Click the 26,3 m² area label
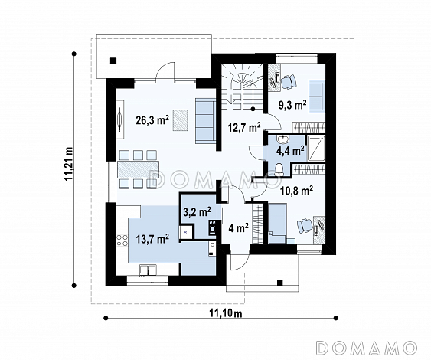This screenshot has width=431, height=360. coord(152,120)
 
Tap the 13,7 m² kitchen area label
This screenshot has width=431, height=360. coord(152,239)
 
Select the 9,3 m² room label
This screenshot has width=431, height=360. coord(292,105)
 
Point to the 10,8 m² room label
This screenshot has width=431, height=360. coord(296,190)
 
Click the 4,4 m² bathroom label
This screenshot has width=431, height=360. coord(290,150)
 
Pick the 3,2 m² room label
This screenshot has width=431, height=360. coord(197,211)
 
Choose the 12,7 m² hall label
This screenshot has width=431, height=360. coord(244,128)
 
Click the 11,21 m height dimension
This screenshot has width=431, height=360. coord(68,164)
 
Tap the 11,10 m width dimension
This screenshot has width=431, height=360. coord(226,313)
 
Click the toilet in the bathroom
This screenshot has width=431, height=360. coord(279,169)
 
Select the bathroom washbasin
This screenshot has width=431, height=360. coord(282,139)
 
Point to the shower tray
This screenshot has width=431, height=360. coord(316,149)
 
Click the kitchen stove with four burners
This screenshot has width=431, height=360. coord(122,240)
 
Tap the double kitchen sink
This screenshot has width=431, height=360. coord(148,270)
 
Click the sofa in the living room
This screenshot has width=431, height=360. coord(205,121)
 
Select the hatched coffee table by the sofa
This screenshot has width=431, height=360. coord(181,120)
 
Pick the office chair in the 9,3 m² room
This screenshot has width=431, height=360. coord(289,82)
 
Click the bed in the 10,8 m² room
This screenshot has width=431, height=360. coord(277,223)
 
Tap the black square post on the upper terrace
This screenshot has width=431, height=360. coord(113,61)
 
